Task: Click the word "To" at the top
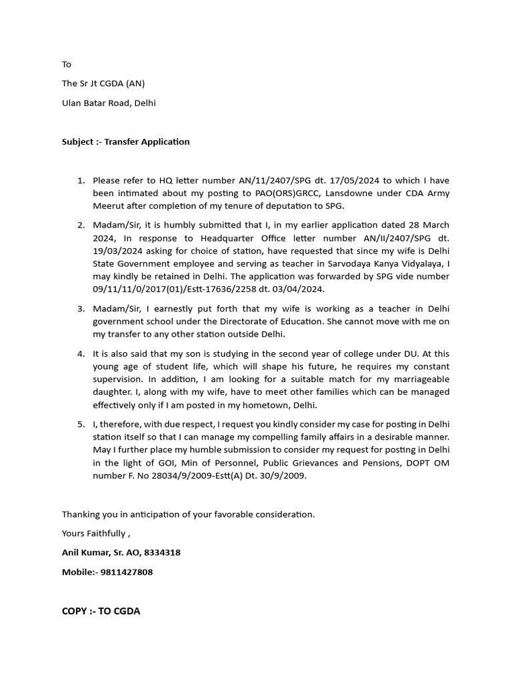[x=66, y=65]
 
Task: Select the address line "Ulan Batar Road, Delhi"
[x=109, y=103]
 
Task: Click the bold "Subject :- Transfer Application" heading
[x=125, y=141]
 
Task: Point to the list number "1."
[x=81, y=181]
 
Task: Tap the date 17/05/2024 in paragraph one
[x=359, y=181]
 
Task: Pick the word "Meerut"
[x=109, y=206]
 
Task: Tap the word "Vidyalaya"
[x=421, y=263]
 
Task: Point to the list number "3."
[x=81, y=309]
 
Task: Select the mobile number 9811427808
[x=127, y=572]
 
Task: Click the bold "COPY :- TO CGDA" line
[x=101, y=611]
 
